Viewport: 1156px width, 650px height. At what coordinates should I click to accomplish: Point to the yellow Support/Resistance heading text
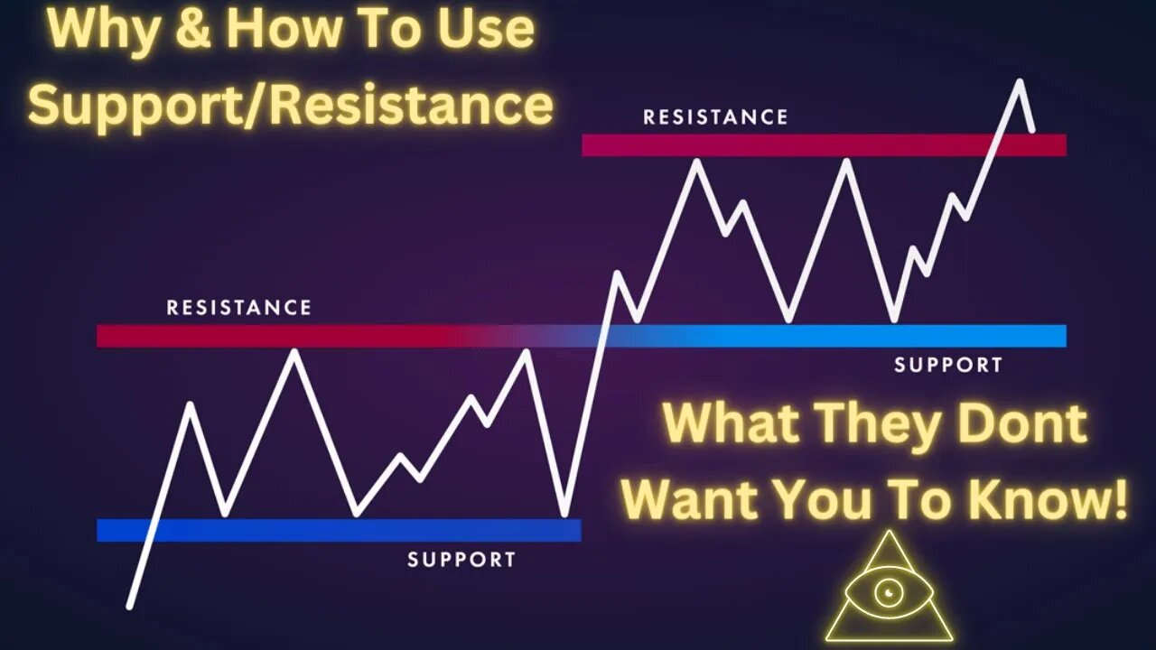point(290,105)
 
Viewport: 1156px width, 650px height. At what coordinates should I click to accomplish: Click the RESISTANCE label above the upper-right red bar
point(715,117)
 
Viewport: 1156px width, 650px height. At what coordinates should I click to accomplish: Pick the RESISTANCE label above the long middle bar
point(238,308)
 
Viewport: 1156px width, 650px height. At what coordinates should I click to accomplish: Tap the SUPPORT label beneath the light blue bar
point(947,366)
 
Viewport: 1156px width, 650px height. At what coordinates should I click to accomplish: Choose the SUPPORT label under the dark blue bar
point(461,560)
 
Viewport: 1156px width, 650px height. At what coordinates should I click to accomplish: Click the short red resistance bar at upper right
point(824,144)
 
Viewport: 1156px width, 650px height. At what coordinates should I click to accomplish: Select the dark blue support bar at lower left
point(339,530)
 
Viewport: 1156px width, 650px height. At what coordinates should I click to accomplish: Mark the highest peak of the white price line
point(1020,81)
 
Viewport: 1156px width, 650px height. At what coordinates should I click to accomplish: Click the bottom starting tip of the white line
point(129,606)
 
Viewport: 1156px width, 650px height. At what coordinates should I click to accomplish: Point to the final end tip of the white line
point(1032,131)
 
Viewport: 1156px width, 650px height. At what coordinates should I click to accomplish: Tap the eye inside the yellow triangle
point(889,591)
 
